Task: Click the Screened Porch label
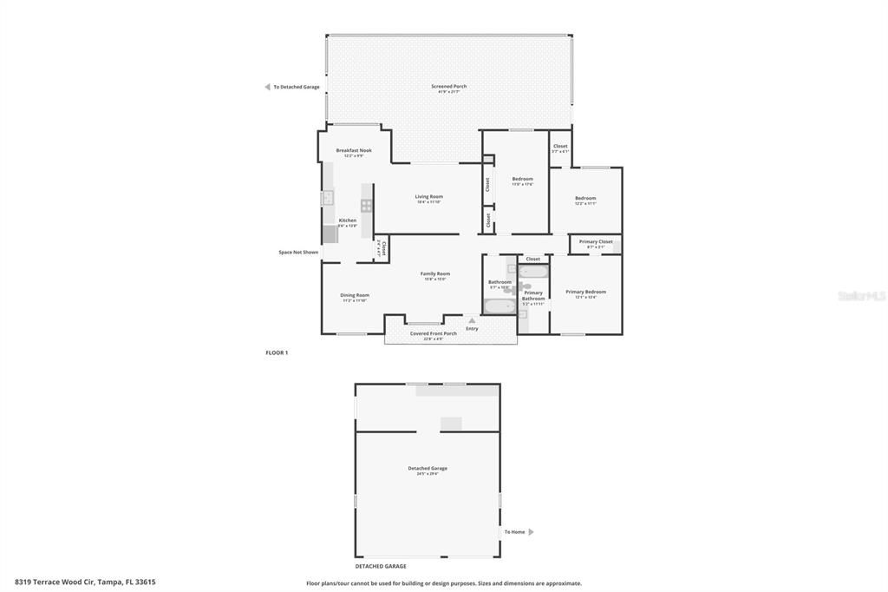click(x=448, y=87)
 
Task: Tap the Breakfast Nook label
click(x=354, y=151)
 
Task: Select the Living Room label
click(x=428, y=197)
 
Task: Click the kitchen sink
click(x=329, y=198)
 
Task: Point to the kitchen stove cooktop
click(x=367, y=206)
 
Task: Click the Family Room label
click(x=435, y=274)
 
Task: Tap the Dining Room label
click(x=354, y=296)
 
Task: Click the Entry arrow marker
click(x=472, y=320)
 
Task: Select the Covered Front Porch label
click(x=433, y=334)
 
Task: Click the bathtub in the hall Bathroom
click(x=499, y=306)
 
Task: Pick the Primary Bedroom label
click(x=585, y=293)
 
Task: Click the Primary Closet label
click(x=595, y=242)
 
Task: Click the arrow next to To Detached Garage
click(x=267, y=87)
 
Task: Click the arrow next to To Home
click(x=532, y=532)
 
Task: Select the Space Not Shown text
click(x=298, y=253)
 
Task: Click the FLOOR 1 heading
click(x=277, y=352)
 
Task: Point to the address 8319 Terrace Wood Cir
click(x=85, y=582)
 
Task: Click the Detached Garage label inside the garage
click(x=428, y=469)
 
